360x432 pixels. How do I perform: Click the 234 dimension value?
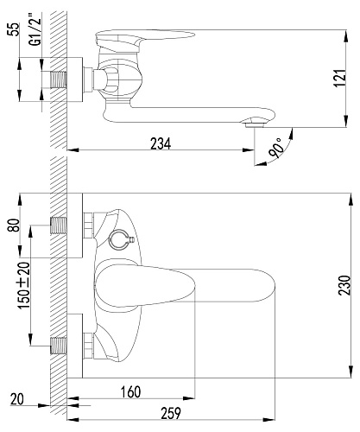161,143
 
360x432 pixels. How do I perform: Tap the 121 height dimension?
340,78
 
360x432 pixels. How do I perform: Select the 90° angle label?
275,148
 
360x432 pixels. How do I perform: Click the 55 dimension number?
14,29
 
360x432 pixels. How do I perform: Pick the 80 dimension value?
15,225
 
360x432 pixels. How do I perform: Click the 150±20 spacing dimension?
24,285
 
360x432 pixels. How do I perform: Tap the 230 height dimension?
344,285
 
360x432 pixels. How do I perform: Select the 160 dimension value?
130,392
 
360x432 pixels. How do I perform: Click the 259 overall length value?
171,413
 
